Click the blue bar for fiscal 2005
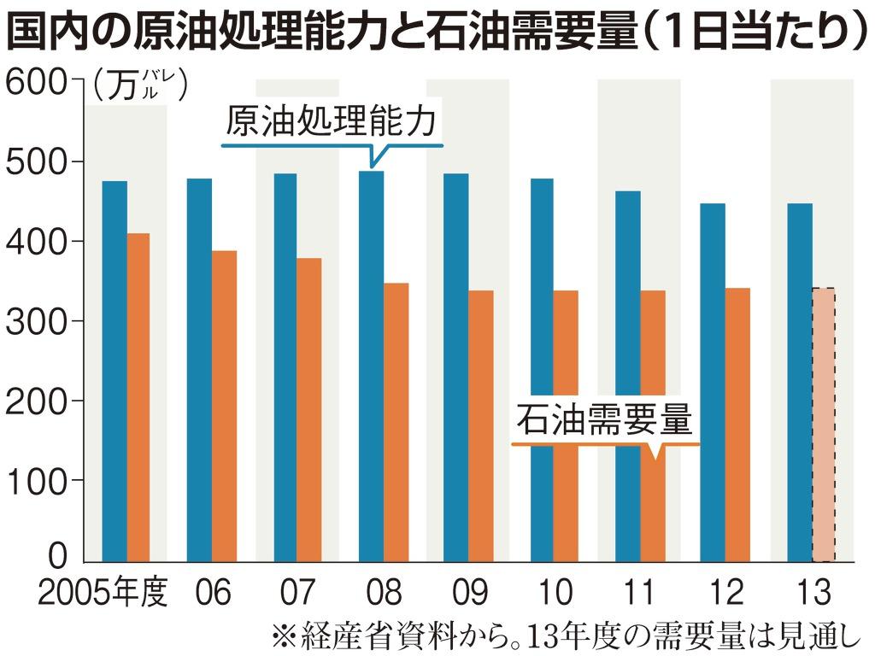115,372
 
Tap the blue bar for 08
371,367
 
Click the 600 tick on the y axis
34,82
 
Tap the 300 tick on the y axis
34,321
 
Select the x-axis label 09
469,591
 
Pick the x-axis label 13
811,591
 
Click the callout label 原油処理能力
332,122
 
